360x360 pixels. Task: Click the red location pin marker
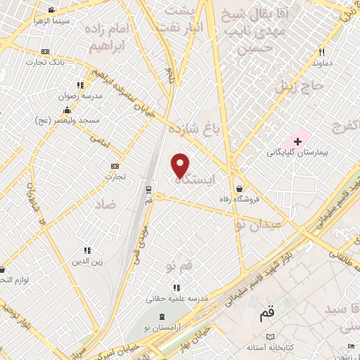[181, 165]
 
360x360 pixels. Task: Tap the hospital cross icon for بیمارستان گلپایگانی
[297, 141]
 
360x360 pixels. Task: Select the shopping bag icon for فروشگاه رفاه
[241, 188]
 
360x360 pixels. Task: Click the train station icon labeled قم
[148, 188]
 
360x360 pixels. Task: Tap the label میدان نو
[255, 224]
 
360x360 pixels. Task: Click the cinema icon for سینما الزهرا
[51, 11]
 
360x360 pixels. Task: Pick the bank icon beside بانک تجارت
[46, 52]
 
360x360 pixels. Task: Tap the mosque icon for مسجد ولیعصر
[67, 110]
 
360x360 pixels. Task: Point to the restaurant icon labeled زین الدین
[87, 250]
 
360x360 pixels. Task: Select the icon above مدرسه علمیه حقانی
[176, 287]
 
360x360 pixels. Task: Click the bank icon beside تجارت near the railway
[115, 166]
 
